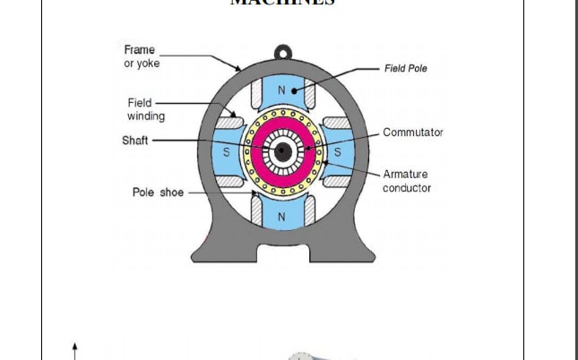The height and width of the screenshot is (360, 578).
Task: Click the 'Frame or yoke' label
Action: click(x=139, y=56)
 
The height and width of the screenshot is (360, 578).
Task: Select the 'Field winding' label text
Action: click(x=145, y=109)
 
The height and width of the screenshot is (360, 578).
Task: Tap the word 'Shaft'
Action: click(x=134, y=141)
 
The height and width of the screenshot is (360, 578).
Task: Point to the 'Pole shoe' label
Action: click(x=158, y=193)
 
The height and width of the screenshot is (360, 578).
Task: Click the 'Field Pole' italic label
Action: click(x=406, y=68)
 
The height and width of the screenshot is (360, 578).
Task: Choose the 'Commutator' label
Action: click(x=412, y=133)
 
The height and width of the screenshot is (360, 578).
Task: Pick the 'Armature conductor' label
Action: click(x=407, y=181)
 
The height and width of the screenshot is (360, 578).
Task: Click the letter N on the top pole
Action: click(x=281, y=90)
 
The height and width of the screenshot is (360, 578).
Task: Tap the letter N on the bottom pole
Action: click(x=281, y=217)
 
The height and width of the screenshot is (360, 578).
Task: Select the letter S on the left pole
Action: click(x=226, y=153)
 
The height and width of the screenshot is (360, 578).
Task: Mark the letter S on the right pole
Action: click(x=338, y=153)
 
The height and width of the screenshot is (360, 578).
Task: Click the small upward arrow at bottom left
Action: click(x=75, y=349)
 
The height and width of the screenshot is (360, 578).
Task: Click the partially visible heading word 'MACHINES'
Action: click(x=282, y=3)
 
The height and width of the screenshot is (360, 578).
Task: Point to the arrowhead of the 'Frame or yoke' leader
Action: click(x=238, y=69)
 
